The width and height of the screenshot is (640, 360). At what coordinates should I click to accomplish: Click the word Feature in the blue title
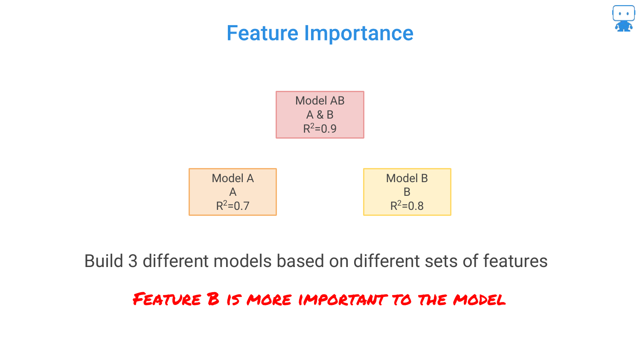click(x=262, y=33)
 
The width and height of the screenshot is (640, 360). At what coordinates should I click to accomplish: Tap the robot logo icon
click(x=623, y=18)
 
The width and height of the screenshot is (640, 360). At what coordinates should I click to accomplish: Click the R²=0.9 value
click(x=320, y=128)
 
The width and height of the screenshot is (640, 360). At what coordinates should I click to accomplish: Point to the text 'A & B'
click(x=320, y=115)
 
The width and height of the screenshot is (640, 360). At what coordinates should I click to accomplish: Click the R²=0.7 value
click(x=233, y=206)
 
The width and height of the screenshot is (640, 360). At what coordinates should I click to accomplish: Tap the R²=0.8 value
click(x=407, y=206)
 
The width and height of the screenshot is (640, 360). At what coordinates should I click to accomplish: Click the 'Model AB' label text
click(x=320, y=101)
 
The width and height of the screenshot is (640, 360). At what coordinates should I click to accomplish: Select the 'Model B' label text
click(x=407, y=178)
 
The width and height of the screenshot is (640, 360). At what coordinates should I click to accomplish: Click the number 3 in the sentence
click(x=133, y=261)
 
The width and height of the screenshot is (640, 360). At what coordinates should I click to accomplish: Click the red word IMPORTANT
click(x=343, y=299)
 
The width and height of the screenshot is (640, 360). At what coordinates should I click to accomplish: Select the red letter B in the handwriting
click(x=213, y=299)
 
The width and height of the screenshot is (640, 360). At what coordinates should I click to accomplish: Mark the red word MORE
click(x=269, y=299)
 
